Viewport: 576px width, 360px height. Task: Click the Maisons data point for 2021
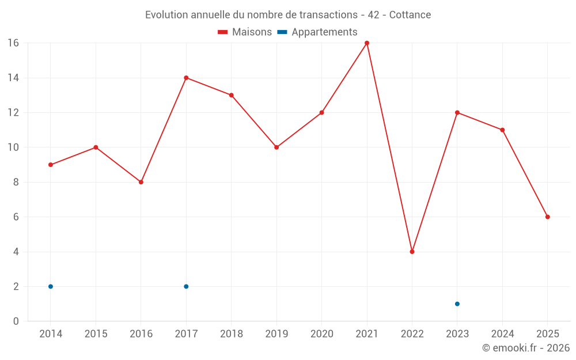367,43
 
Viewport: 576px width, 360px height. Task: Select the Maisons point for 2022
412,252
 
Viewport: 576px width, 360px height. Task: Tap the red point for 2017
186,78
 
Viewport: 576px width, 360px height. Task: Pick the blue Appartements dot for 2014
51,286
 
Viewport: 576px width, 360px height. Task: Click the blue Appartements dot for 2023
457,304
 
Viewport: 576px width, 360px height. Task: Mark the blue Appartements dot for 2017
186,286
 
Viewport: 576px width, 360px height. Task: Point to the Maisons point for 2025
548,217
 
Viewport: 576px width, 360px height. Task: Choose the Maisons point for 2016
141,182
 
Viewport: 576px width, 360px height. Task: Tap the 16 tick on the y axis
13,43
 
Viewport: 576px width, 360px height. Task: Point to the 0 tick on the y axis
16,321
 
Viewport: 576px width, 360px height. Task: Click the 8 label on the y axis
16,182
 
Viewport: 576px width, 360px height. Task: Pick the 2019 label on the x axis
276,334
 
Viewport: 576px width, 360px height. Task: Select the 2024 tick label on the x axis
502,334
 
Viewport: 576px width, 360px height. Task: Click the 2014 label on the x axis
51,334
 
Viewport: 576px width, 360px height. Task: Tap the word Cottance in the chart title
410,15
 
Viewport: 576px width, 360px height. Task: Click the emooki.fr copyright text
525,348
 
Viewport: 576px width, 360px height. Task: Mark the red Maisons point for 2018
232,95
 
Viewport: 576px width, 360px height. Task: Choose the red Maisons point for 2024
502,130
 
